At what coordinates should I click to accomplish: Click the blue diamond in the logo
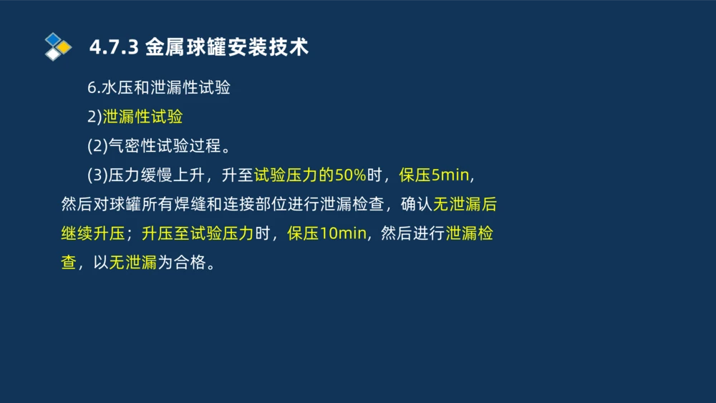53,39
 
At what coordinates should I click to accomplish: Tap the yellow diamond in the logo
64,47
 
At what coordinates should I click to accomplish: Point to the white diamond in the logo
53,54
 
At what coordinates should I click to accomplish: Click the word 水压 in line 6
117,88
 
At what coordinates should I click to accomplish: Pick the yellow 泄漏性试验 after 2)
142,117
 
